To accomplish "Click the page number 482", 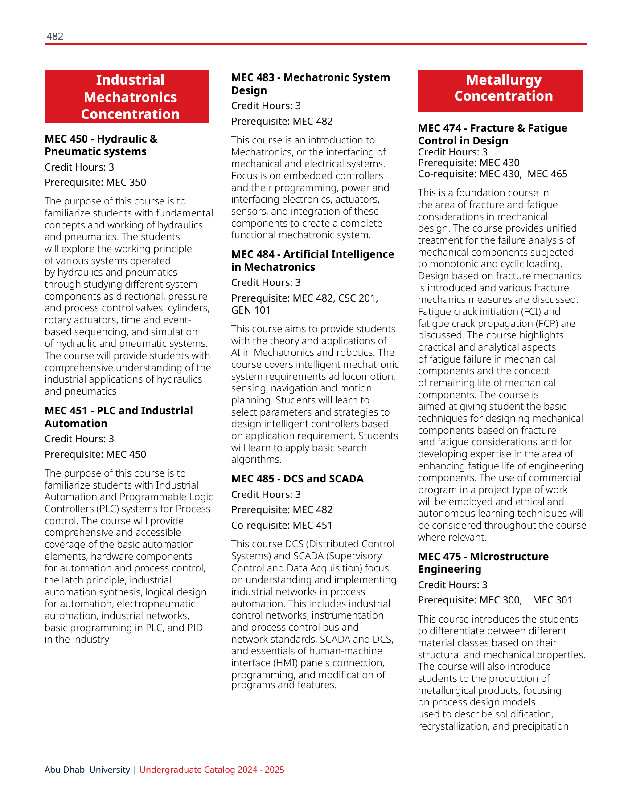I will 55,37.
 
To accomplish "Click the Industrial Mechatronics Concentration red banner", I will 127,97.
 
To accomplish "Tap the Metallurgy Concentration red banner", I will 500,91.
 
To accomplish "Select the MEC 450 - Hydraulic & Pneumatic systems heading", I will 101,145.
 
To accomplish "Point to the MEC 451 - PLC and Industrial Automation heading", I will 119,417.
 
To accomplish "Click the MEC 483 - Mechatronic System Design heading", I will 310,84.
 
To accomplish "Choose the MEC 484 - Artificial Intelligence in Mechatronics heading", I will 312,261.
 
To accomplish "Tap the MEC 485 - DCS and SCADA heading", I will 297,479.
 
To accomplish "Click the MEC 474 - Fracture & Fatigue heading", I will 492,134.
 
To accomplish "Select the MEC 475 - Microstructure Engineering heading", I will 483,563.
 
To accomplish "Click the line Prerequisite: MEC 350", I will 95,183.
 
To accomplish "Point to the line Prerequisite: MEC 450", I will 95,454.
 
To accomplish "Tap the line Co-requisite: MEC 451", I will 282,526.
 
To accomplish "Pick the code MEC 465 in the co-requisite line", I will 547,174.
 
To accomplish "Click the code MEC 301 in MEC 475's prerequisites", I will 552,600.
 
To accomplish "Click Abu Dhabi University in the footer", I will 87,770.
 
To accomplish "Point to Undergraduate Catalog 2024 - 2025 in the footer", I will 212,770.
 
